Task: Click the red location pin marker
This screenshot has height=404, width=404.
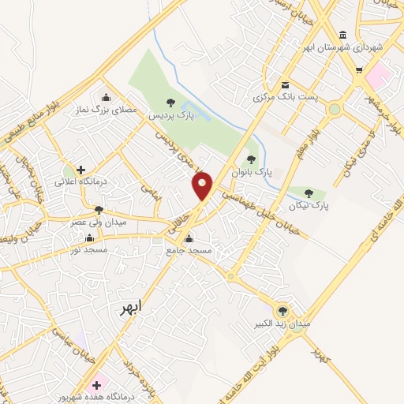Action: tap(203, 185)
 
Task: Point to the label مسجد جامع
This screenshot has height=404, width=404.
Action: tap(189, 250)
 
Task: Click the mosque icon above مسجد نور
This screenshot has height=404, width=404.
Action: tap(88, 238)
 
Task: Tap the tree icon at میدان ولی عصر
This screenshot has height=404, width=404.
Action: tap(99, 210)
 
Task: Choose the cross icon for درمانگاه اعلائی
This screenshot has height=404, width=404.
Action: tap(80, 169)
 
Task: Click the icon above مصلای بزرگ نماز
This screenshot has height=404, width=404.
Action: tap(106, 97)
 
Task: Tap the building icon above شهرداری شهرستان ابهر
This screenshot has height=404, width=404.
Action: tap(342, 35)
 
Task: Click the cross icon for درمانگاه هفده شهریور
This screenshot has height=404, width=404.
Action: tap(97, 385)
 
